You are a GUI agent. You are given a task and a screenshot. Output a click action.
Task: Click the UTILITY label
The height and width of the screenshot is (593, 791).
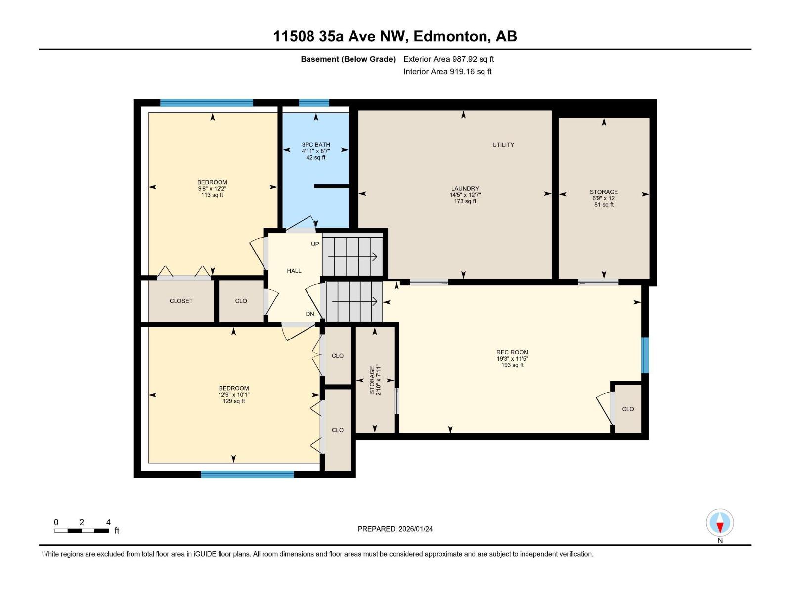[503, 145]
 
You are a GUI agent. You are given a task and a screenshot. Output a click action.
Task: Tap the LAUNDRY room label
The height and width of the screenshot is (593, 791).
[465, 188]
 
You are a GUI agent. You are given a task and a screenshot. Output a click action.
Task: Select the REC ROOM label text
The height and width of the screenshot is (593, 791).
[512, 352]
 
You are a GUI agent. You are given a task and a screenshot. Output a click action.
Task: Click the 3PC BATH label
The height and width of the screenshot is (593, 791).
[316, 145]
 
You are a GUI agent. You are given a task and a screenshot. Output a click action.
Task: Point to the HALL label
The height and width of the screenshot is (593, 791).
[294, 271]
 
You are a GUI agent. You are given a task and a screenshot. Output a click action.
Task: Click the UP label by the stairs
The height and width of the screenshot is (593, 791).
[315, 244]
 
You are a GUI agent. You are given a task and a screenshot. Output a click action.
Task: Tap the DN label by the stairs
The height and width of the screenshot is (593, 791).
[310, 314]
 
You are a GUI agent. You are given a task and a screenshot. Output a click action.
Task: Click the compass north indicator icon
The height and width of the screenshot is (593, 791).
[720, 522]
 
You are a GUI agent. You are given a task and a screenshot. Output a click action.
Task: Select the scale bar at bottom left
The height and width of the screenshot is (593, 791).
[82, 530]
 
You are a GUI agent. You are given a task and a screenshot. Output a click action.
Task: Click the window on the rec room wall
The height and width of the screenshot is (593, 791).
[645, 355]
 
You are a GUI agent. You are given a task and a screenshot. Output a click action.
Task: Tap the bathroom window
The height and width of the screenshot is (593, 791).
[314, 103]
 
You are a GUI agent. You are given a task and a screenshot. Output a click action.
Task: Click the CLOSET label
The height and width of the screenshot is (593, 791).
[181, 301]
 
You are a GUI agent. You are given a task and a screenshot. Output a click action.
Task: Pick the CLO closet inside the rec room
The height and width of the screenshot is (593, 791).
[628, 409]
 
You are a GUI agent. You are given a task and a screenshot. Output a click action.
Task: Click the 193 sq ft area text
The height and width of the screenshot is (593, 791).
[512, 365]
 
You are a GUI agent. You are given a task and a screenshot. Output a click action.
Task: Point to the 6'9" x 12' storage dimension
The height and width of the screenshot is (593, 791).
[604, 198]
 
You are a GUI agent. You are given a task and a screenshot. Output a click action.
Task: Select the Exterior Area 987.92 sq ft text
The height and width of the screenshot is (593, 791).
[449, 59]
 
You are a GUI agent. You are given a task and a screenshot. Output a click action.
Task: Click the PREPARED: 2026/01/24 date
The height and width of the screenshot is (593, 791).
[395, 529]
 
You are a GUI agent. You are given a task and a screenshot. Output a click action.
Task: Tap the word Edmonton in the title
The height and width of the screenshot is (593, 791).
[450, 36]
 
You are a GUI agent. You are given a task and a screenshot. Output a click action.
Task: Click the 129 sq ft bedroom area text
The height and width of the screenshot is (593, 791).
[233, 401]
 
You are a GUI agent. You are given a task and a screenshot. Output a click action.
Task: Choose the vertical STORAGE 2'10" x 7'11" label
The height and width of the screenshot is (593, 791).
[375, 380]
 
